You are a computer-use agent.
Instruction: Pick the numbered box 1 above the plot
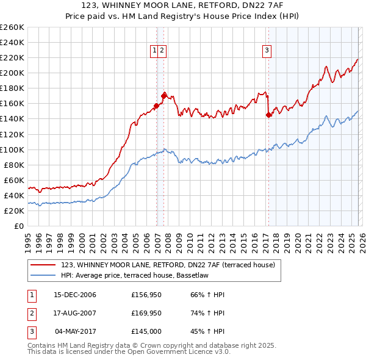tap(155, 51)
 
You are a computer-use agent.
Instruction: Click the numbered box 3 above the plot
tap(267, 51)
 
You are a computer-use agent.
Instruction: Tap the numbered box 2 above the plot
tap(163, 51)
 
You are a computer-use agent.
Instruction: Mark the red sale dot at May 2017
tap(268, 115)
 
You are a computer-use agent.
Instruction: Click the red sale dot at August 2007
tap(163, 95)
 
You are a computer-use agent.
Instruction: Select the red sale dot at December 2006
tap(156, 106)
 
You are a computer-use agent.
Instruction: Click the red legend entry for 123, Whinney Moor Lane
tap(168, 265)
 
